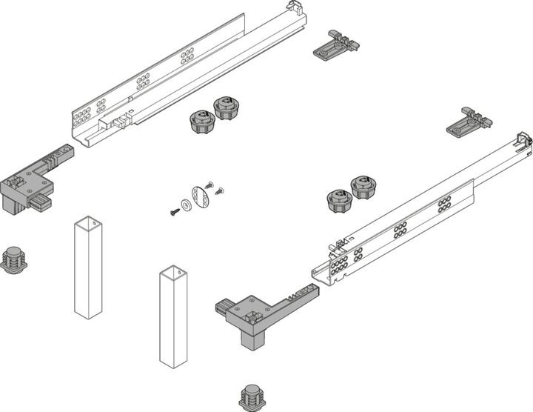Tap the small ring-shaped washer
(x=184, y=205)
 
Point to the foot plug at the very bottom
(x=253, y=396)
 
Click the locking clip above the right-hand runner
(x=469, y=122)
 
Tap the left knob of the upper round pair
(x=200, y=121)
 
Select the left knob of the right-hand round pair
(x=338, y=201)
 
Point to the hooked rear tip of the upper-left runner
(x=294, y=10)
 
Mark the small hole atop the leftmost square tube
(x=87, y=222)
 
